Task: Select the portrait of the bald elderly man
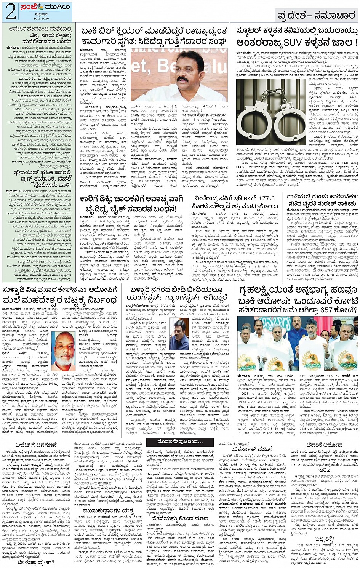click(64, 349)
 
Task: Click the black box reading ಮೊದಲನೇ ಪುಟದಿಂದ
click(179, 442)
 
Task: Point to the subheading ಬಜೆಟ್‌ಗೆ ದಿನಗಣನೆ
click(36, 445)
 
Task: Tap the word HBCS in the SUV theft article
click(240, 167)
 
